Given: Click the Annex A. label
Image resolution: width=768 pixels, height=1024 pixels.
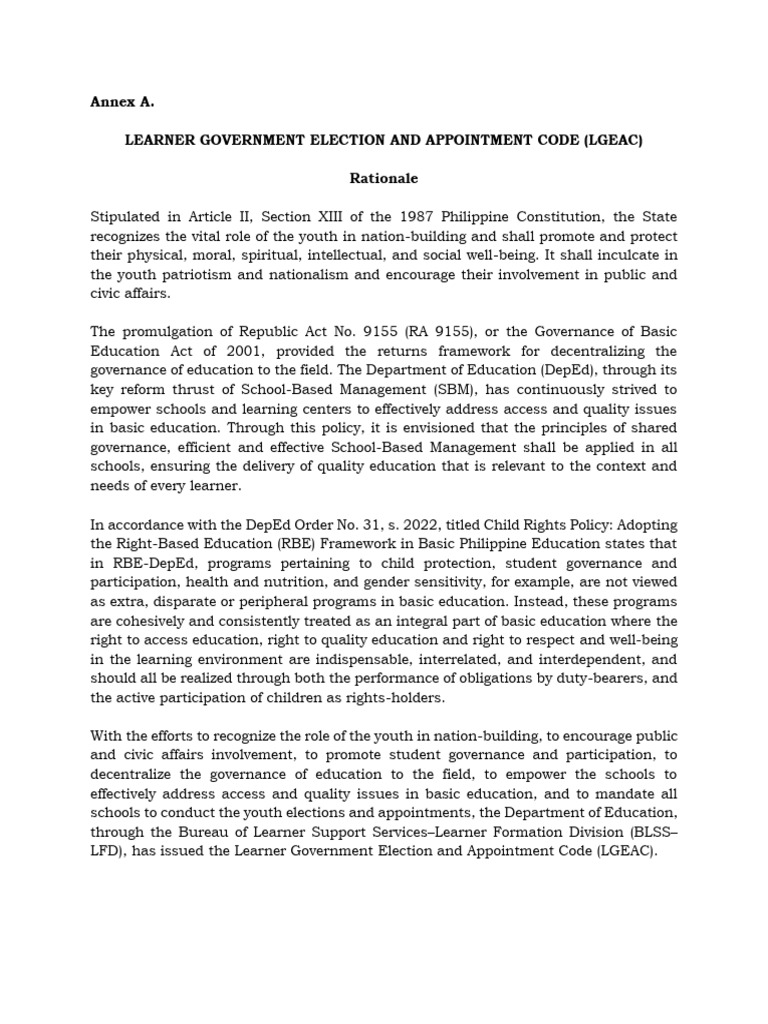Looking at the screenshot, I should [122, 101].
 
